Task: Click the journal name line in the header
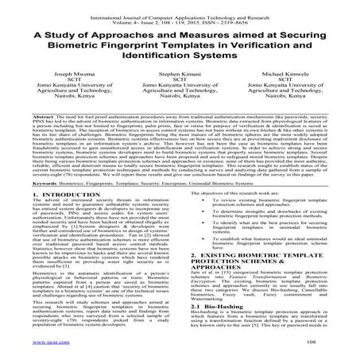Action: (180, 6)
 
